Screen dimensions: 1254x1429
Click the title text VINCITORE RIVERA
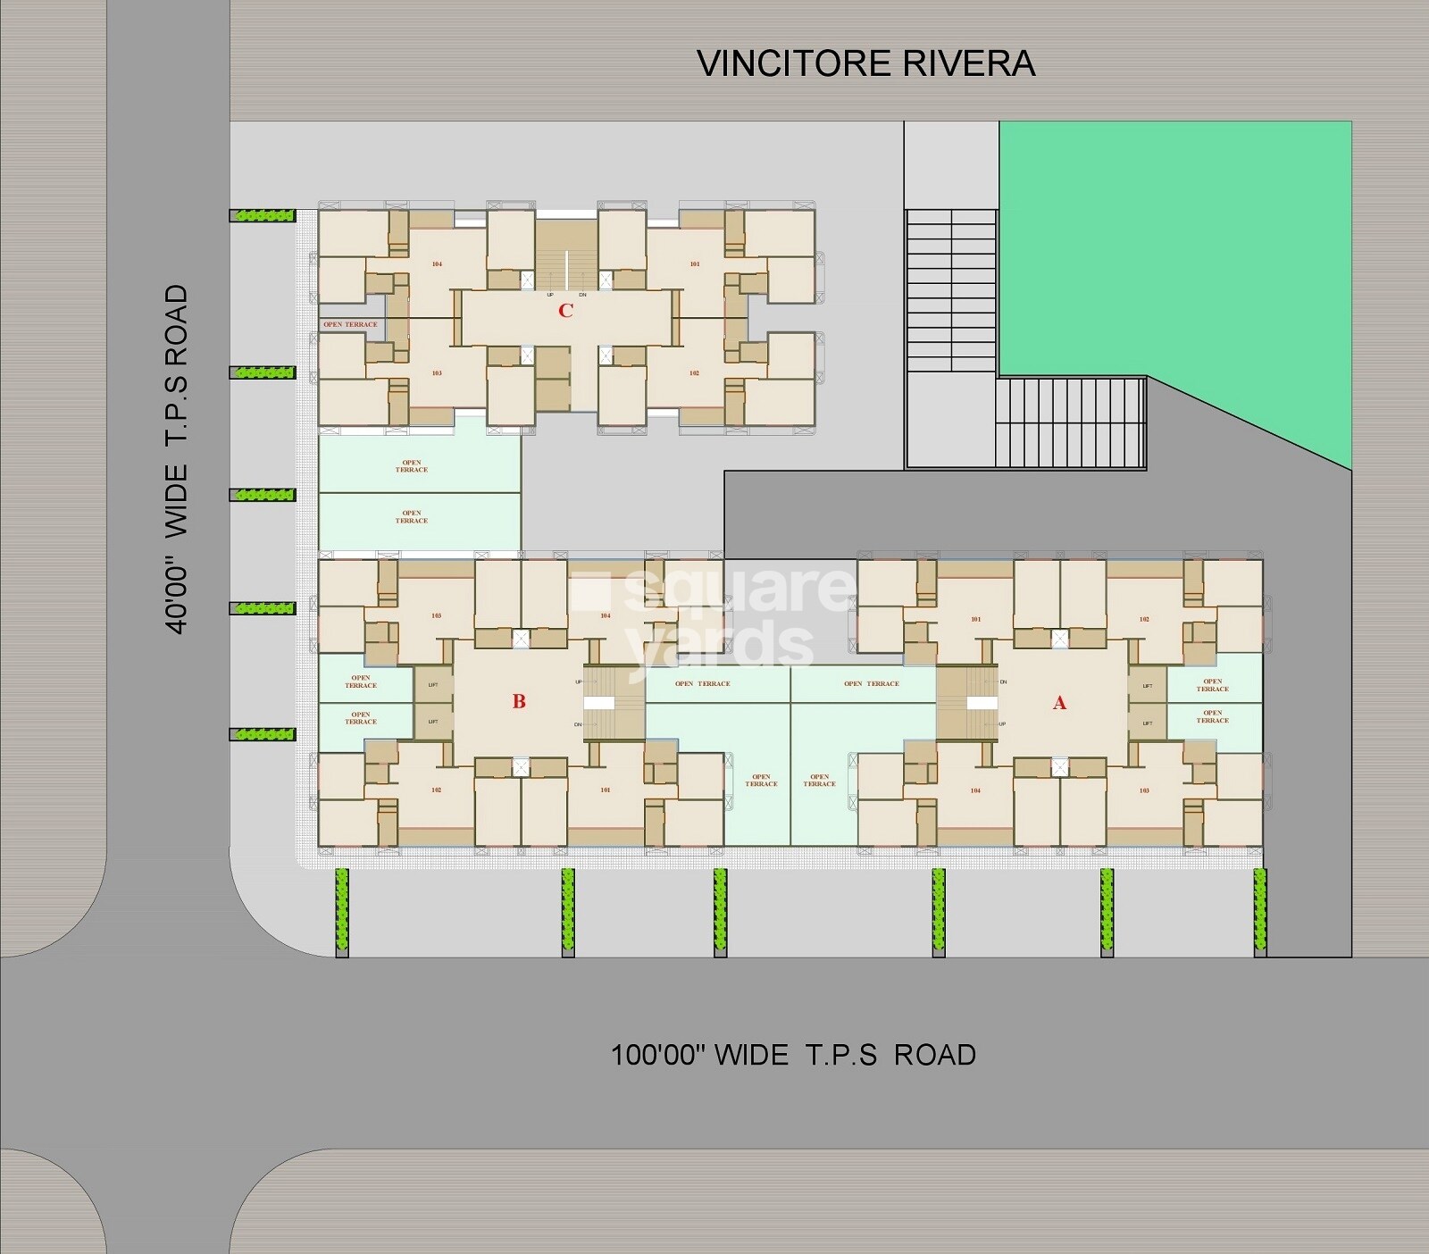(865, 63)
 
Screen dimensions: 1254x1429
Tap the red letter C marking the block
(565, 311)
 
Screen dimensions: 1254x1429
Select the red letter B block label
(519, 702)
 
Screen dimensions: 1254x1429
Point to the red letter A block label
(1059, 704)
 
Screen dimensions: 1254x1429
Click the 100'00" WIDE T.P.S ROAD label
(793, 1055)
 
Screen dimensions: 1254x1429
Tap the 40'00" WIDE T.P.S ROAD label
(178, 459)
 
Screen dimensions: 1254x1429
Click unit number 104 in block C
(437, 264)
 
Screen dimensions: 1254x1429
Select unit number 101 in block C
(695, 264)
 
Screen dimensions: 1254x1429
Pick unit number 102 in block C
(694, 373)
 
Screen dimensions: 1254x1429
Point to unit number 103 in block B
(436, 616)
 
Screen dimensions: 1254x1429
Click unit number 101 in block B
(606, 790)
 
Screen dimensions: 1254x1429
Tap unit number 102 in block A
(1144, 620)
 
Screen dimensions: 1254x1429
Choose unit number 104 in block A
(975, 791)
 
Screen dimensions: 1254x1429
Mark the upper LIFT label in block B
(433, 685)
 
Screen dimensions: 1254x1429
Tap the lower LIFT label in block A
(1147, 723)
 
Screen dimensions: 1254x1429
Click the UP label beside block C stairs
(550, 295)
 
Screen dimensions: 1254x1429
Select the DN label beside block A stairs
(1004, 681)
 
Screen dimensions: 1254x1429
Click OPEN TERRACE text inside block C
(350, 325)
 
